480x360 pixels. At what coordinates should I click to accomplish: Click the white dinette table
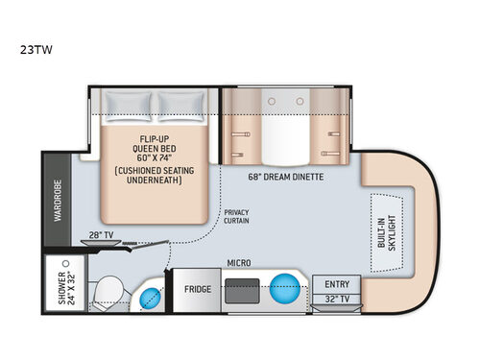pos(284,124)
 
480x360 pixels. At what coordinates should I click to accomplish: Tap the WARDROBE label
pos(57,203)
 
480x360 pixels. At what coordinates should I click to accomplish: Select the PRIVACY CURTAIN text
pos(236,217)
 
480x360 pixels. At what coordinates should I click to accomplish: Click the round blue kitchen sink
pos(284,288)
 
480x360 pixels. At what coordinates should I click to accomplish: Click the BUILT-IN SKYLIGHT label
pos(388,231)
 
